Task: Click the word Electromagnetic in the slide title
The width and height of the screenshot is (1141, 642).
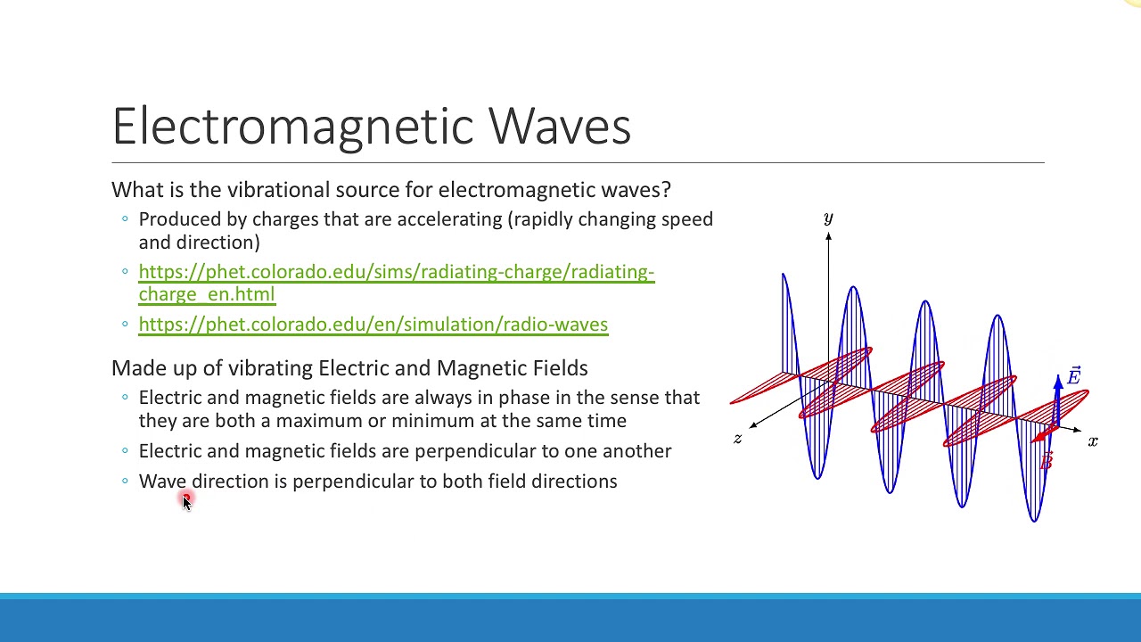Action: point(294,126)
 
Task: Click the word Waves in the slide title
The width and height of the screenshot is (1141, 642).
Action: point(560,126)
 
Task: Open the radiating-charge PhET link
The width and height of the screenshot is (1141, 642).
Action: point(396,272)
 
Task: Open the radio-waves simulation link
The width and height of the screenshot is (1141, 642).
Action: point(373,325)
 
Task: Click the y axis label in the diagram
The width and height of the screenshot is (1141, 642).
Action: point(828,218)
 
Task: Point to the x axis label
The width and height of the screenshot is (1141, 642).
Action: point(1093,441)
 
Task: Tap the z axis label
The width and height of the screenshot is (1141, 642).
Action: point(737,438)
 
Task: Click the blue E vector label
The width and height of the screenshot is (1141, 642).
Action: point(1073,376)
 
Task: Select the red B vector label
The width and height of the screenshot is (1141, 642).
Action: point(1047,461)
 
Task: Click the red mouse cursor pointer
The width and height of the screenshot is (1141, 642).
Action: point(185,502)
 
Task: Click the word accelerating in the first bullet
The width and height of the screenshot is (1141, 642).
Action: point(450,219)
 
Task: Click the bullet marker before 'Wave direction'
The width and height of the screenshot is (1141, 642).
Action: point(125,481)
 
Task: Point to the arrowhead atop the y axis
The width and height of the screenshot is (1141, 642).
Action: point(828,236)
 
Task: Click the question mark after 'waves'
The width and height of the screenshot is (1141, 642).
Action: point(666,190)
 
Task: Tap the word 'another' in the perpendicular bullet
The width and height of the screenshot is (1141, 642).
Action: point(636,451)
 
